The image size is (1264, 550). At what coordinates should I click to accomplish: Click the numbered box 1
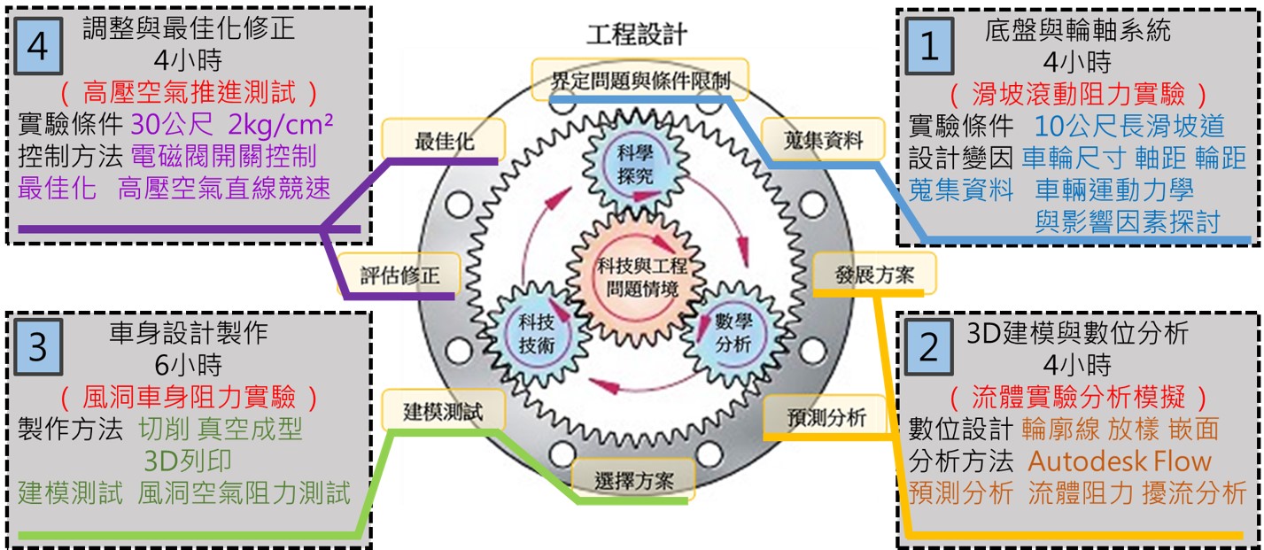tap(929, 46)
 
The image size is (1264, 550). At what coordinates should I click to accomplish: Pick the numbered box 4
tap(37, 46)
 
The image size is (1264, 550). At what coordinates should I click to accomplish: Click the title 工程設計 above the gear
tap(636, 35)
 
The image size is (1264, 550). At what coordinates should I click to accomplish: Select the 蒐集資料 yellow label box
tap(823, 138)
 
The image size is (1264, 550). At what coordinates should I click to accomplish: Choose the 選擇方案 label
tap(634, 481)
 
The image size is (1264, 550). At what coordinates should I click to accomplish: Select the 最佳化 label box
tap(443, 140)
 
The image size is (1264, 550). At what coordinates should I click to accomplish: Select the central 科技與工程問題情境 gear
tap(635, 276)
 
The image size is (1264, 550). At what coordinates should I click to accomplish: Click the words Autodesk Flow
tap(1119, 461)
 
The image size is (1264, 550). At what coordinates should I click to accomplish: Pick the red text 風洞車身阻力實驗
tap(186, 396)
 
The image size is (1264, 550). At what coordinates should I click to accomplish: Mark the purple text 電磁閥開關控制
tap(223, 157)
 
